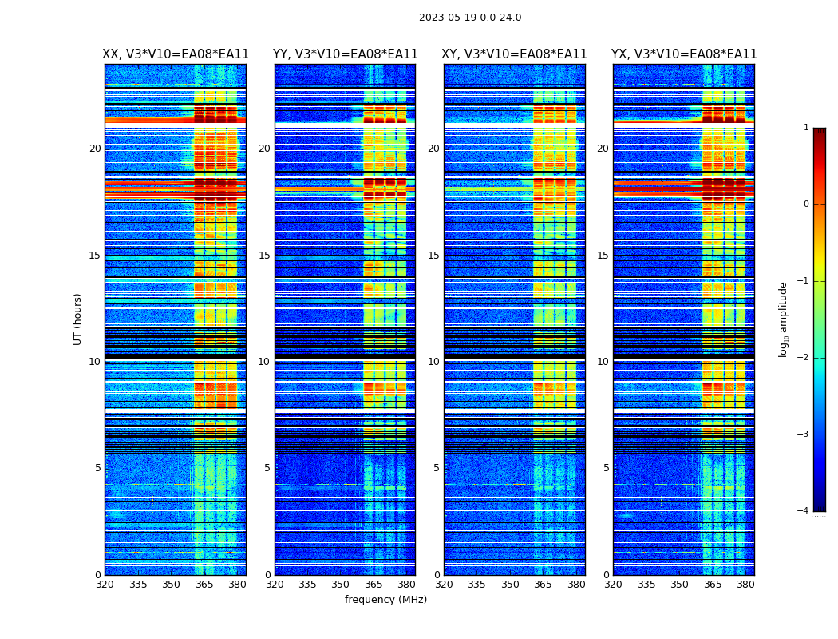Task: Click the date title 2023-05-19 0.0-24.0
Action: click(x=470, y=18)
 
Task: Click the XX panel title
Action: click(x=176, y=54)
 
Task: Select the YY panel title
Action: click(x=345, y=54)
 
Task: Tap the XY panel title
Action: click(x=515, y=54)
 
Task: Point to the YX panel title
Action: click(x=684, y=54)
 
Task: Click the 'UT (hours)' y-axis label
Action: click(x=78, y=319)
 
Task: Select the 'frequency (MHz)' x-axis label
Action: click(x=385, y=600)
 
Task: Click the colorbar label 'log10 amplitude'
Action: click(x=784, y=319)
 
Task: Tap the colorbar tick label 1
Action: click(x=806, y=128)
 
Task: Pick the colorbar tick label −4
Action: click(x=804, y=511)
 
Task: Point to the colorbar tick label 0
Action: click(x=806, y=204)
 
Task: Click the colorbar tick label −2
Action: click(x=804, y=358)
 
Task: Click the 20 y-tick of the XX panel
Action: click(x=95, y=149)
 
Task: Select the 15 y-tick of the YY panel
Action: click(x=264, y=256)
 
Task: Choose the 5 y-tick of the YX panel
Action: click(x=606, y=468)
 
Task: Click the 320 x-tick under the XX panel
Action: click(x=105, y=585)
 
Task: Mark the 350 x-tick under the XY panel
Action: click(x=510, y=585)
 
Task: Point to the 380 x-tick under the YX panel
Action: click(x=745, y=585)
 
